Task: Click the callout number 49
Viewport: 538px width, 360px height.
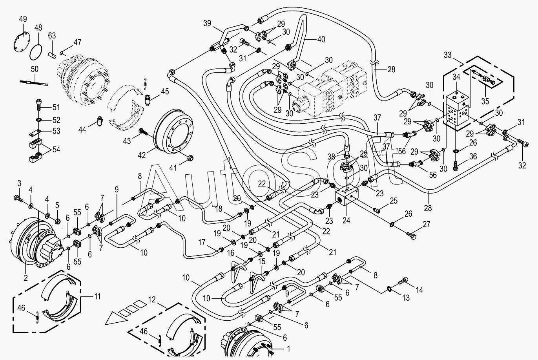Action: point(23,19)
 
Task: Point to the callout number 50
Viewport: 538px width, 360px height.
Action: point(35,69)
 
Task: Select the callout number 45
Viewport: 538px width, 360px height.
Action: point(164,92)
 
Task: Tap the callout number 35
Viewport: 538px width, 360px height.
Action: point(485,101)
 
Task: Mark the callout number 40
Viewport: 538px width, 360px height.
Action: point(321,39)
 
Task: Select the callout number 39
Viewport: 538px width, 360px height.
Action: point(207,23)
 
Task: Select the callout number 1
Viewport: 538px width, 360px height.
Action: point(289,348)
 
